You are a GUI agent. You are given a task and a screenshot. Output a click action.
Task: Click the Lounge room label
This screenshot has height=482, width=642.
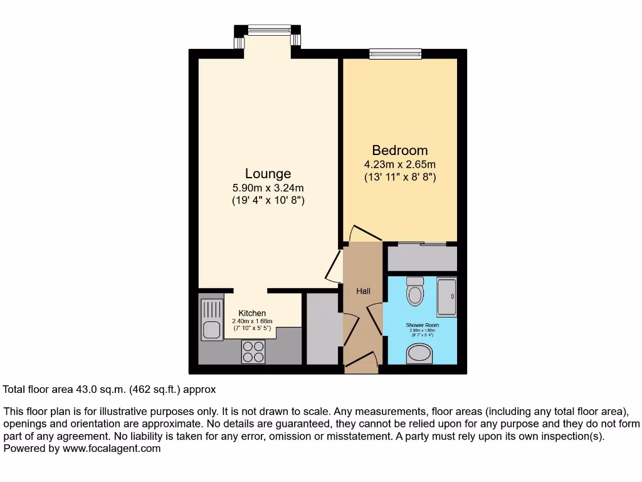tap(268, 174)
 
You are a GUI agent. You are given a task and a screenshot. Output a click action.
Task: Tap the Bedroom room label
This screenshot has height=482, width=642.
tap(400, 151)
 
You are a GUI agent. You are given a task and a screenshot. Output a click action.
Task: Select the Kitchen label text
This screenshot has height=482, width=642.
tap(252, 313)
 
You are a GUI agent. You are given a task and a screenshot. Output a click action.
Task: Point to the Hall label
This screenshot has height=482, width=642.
tap(363, 291)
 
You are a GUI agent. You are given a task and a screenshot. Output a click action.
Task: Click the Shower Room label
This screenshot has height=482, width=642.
tap(422, 325)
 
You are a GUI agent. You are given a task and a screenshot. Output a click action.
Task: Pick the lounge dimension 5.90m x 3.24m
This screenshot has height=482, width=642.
tap(268, 188)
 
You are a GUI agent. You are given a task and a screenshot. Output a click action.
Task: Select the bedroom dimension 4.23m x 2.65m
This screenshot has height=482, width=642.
tap(400, 164)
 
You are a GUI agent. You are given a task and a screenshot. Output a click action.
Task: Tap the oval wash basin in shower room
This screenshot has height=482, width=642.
tap(419, 356)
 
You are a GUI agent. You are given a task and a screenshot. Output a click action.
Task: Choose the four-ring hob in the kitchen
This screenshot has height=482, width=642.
tap(253, 351)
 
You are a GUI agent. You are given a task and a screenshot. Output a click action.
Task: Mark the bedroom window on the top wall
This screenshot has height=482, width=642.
tap(394, 54)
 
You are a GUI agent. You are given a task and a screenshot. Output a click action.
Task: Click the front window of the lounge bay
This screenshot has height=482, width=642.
tap(269, 29)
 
